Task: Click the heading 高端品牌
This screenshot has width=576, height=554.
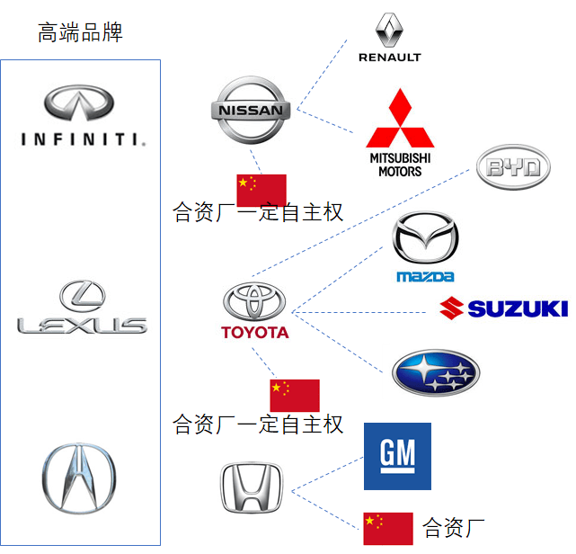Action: click(x=80, y=34)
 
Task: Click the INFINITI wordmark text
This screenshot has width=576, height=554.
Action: click(x=82, y=138)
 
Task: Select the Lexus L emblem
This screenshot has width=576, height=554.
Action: click(x=83, y=296)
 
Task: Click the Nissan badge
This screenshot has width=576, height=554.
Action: click(x=251, y=111)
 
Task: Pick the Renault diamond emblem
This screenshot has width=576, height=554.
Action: click(x=388, y=30)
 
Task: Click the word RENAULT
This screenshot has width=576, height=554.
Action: click(x=389, y=58)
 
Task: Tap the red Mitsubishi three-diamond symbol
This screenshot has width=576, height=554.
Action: click(x=399, y=121)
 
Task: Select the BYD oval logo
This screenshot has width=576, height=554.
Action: click(x=512, y=168)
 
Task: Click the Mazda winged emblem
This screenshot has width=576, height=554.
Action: click(x=425, y=238)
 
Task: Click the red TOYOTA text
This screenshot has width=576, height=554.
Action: click(x=255, y=333)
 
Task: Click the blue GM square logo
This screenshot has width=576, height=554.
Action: click(x=397, y=457)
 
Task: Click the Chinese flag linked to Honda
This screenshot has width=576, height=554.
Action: click(x=387, y=528)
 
